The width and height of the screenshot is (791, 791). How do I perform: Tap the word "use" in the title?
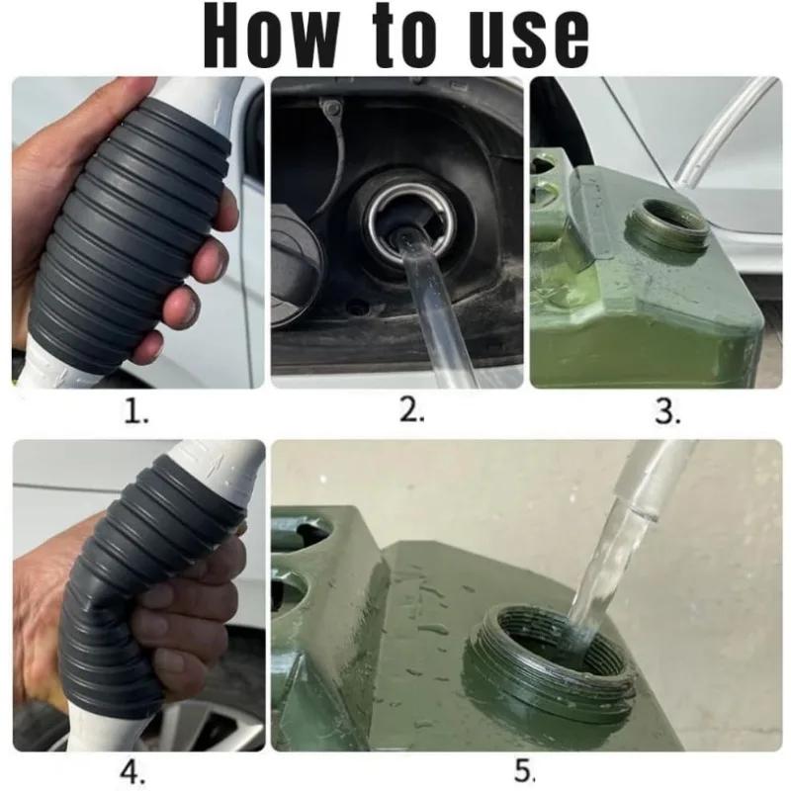point(528,41)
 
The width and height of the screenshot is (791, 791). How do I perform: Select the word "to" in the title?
point(404,36)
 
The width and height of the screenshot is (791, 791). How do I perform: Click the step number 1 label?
point(135,411)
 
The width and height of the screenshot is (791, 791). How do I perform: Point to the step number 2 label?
point(411,409)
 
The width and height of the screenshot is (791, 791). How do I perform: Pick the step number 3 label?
point(667,411)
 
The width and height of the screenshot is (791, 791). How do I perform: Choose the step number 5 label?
point(525,771)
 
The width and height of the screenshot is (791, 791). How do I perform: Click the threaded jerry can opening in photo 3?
point(666,229)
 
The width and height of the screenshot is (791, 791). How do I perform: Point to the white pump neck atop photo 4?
point(217,467)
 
